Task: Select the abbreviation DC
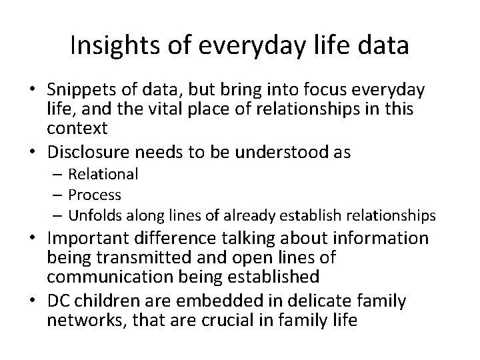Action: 58,301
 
